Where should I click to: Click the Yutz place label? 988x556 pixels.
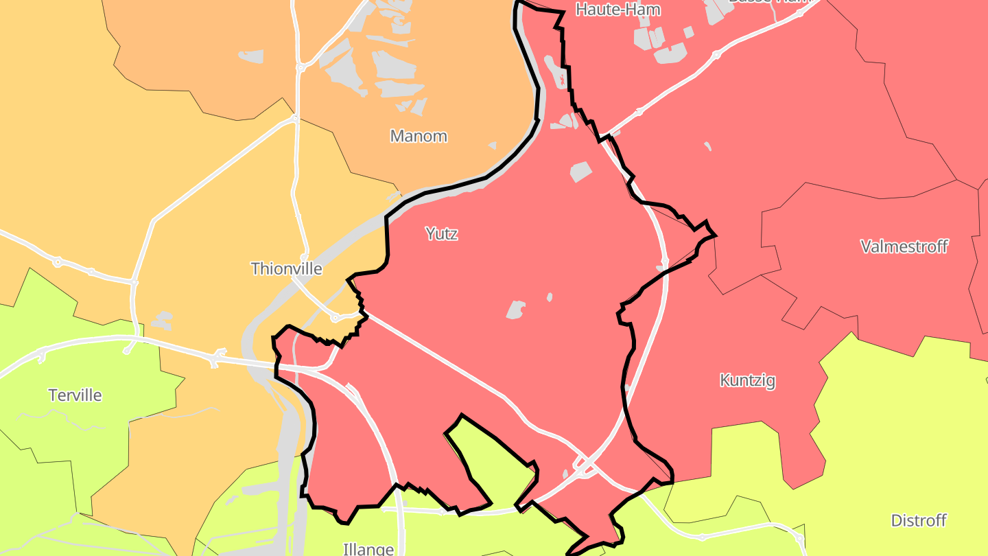(441, 234)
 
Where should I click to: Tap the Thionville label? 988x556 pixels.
(286, 268)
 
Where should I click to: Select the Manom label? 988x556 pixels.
(419, 136)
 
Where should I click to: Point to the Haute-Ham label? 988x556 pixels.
(609, 10)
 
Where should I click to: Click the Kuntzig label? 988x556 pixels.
(747, 380)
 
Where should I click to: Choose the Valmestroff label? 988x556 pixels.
(904, 246)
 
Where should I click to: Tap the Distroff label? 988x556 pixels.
(919, 520)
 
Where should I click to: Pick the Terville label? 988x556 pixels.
(75, 395)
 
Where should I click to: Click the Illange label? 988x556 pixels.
(368, 549)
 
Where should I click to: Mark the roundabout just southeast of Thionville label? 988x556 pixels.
(335, 318)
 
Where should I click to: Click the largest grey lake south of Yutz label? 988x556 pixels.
(516, 310)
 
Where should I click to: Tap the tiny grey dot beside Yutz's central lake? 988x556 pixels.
(549, 297)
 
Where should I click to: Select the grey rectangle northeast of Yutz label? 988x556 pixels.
(580, 172)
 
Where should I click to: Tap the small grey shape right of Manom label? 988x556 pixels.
(492, 146)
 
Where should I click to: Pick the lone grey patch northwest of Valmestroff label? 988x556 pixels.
(707, 146)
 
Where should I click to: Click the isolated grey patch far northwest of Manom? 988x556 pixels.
(251, 56)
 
